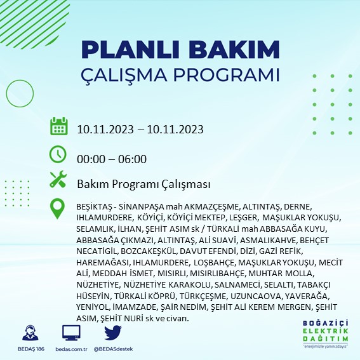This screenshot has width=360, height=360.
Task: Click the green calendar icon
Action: point(59,126)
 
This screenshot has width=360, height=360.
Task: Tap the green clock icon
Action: point(58,154)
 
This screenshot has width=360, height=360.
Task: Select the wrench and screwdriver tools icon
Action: point(58,179)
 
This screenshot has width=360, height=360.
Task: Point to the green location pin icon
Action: point(57,208)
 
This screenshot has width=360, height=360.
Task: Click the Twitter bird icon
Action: point(113,333)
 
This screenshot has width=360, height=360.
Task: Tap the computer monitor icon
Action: point(71,333)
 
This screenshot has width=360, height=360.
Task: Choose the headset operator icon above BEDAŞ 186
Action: point(30,333)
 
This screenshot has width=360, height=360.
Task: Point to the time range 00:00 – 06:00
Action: point(112,159)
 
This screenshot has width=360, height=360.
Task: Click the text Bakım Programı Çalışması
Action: point(143,184)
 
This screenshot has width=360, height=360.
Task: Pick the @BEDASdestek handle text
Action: point(113,349)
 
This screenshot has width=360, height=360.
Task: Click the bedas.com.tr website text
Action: point(71,349)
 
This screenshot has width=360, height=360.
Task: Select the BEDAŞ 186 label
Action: point(31,349)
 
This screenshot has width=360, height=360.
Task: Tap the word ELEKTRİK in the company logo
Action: point(325,331)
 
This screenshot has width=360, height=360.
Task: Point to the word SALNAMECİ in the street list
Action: point(237,285)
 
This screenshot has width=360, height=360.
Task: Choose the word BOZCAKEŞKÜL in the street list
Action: point(149,251)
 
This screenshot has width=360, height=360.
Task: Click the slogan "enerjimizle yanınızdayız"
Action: point(325,346)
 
